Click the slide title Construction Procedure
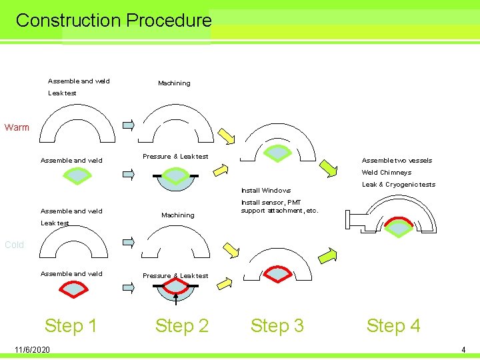[113, 20]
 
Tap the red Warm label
[17, 127]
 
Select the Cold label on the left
[14, 245]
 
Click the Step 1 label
[71, 325]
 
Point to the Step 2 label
[181, 325]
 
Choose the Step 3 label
[277, 325]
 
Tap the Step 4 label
[393, 325]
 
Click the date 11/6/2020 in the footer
[31, 350]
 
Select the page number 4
[463, 350]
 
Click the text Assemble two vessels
[397, 160]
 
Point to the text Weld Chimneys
[386, 172]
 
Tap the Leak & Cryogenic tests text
[398, 185]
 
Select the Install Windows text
[265, 191]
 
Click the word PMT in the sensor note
[293, 202]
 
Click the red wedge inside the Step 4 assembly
[399, 226]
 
